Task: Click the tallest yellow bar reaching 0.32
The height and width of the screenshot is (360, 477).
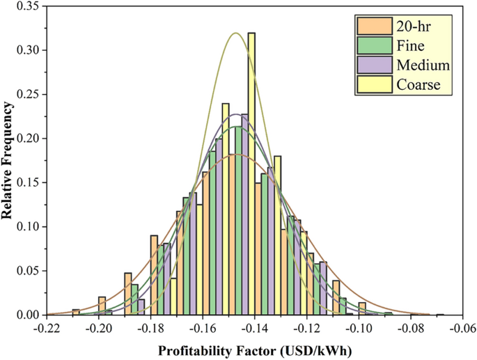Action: point(251,174)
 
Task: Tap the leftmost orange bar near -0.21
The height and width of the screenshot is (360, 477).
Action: point(76,313)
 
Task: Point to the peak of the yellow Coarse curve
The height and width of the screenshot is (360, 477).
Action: point(236,33)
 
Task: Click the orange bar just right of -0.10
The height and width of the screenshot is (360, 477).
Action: point(362,309)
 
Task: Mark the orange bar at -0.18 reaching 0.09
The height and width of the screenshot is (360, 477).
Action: point(154,275)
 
